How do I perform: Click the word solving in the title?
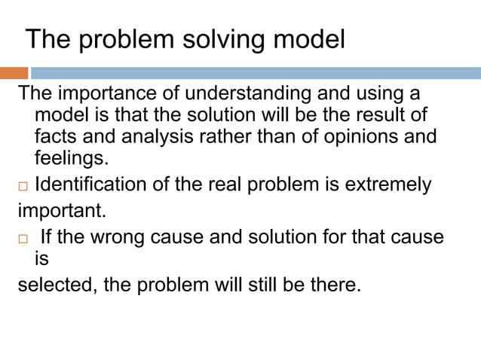207,39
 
